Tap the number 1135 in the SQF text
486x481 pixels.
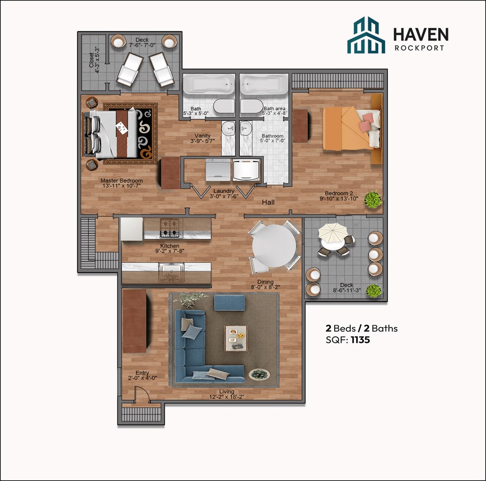click(x=360, y=340)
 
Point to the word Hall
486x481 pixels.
click(x=268, y=203)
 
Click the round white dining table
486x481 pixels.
click(x=274, y=246)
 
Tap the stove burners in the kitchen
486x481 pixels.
click(x=171, y=228)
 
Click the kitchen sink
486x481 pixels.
click(x=171, y=270)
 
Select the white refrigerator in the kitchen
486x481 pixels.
click(x=131, y=229)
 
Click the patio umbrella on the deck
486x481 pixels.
click(x=333, y=232)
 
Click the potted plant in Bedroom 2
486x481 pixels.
click(x=373, y=200)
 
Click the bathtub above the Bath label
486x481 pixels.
click(x=209, y=84)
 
